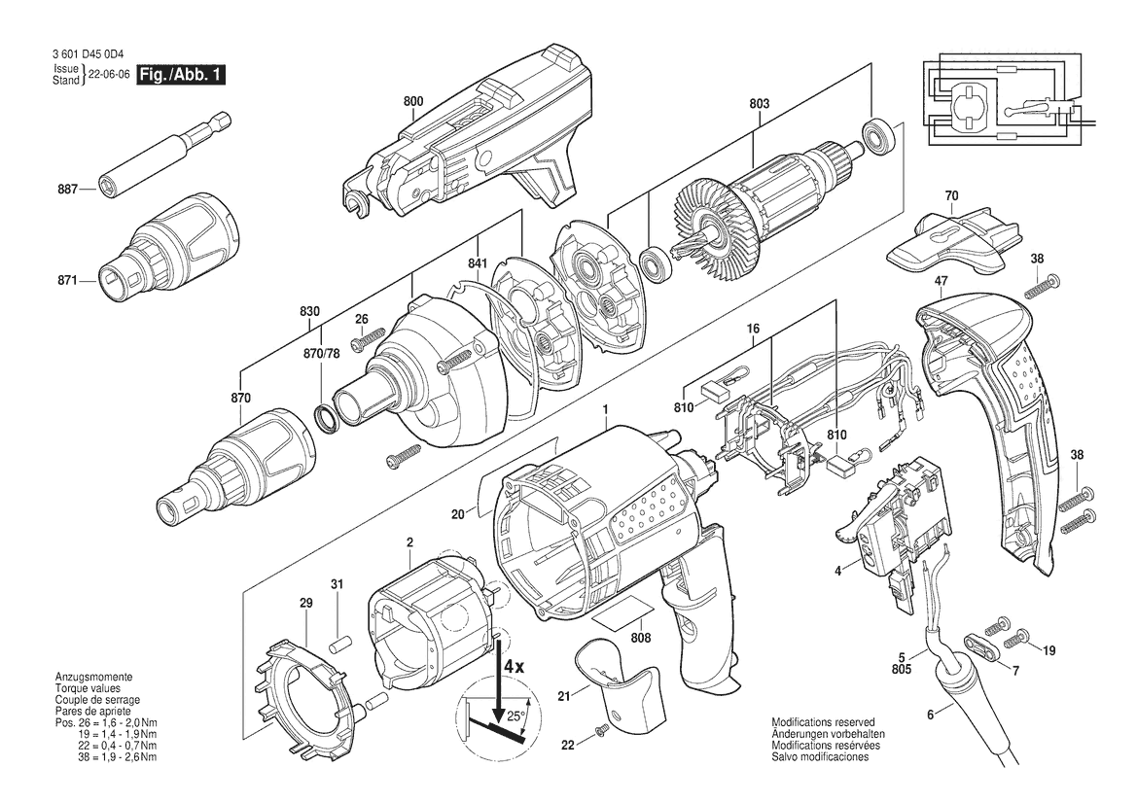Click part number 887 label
67,190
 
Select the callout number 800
413,102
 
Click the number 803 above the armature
759,104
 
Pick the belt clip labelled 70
953,241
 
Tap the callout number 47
942,281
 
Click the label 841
478,263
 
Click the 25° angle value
515,716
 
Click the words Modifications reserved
823,722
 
